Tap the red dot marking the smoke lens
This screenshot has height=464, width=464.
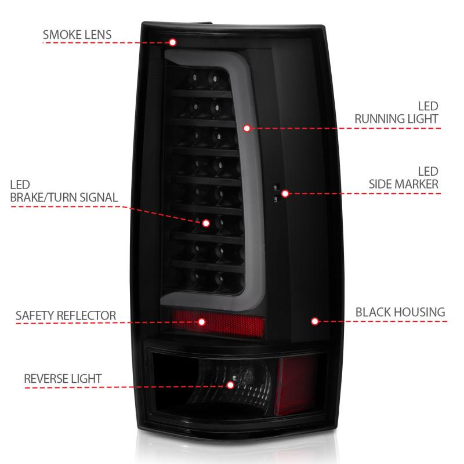coord(173,42)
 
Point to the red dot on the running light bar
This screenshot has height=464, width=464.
coord(246,127)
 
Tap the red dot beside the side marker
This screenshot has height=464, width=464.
coord(284,193)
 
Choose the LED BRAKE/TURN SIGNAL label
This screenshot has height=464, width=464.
coord(64,191)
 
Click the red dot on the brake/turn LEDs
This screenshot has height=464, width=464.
coord(205,222)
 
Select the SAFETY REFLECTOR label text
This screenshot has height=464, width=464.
coord(66,316)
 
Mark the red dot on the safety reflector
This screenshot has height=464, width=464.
coord(202,321)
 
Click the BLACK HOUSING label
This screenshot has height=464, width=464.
coord(400,313)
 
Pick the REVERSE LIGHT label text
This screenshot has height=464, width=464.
coord(63,379)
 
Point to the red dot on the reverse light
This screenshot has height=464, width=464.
coord(230,385)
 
